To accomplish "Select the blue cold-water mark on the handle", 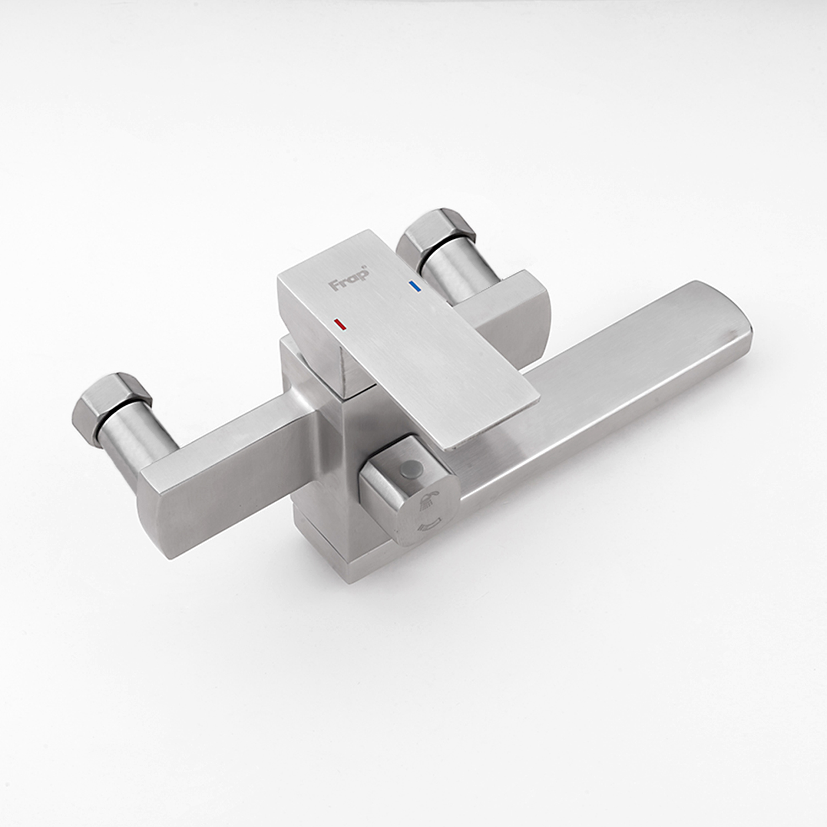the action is tap(414, 286).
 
